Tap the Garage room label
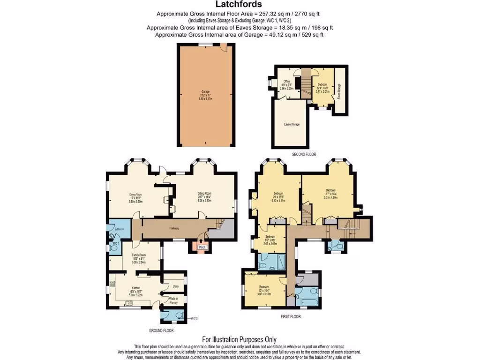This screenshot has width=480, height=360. [205, 91]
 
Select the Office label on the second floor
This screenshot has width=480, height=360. [286, 82]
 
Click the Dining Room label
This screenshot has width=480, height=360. [135, 194]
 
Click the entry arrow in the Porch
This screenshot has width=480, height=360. [202, 242]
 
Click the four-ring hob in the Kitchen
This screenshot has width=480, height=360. [112, 284]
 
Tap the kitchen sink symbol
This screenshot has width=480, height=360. [129, 303]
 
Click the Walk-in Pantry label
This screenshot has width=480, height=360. [173, 302]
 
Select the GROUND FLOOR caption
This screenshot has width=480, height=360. [162, 330]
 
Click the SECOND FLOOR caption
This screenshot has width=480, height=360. [304, 154]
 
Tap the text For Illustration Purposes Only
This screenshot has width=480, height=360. [239, 339]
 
